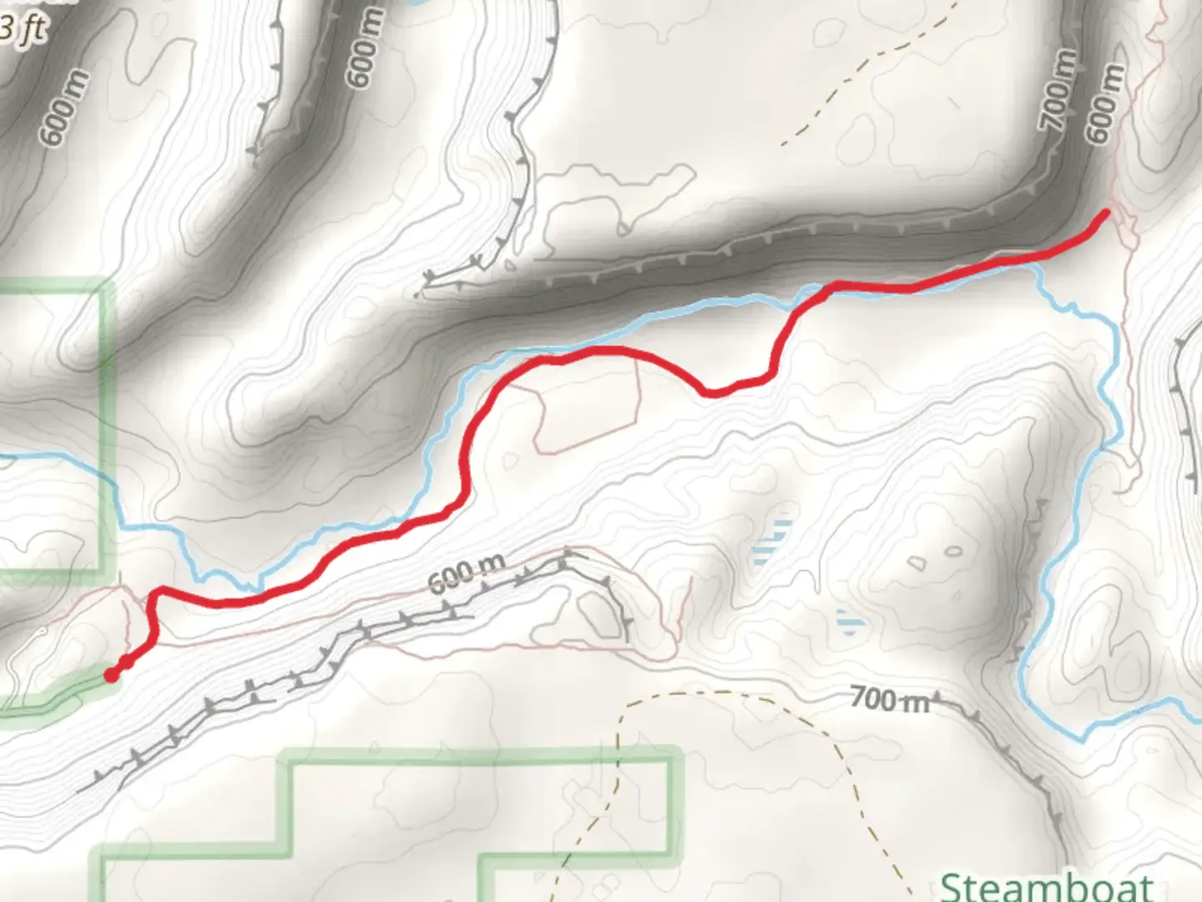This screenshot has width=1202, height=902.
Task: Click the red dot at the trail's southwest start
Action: (x=111, y=675)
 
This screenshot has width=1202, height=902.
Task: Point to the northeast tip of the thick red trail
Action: (x=1106, y=214)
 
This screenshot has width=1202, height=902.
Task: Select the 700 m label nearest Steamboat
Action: (x=889, y=699)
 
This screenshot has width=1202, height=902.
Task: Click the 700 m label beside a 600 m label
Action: (x=1058, y=90)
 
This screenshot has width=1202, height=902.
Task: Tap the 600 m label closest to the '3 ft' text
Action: (x=63, y=113)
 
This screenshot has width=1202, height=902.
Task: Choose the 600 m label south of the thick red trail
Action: (x=467, y=573)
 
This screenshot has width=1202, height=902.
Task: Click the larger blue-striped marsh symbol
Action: (x=774, y=543)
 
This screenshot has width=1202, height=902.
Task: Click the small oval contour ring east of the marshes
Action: (x=952, y=551)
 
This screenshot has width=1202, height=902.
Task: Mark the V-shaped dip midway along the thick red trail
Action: (x=710, y=391)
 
